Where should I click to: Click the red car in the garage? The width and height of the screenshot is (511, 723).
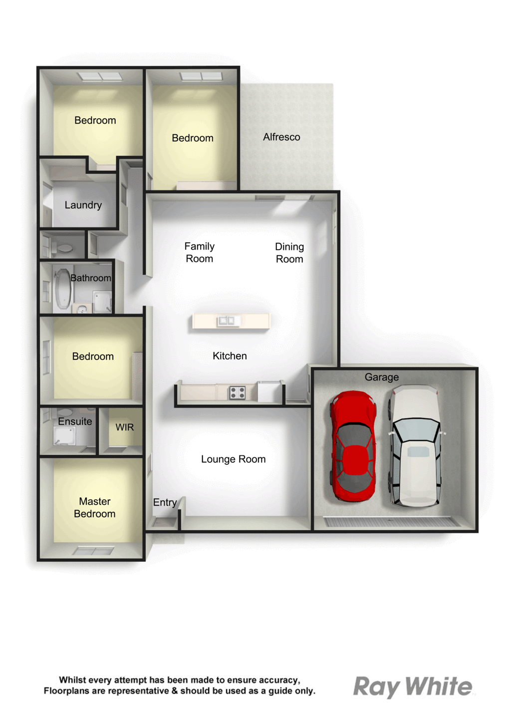tap(354, 446)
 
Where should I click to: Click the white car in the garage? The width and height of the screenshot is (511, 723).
tap(415, 446)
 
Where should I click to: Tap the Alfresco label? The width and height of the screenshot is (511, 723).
tap(281, 137)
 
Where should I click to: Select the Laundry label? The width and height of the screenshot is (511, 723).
tap(83, 205)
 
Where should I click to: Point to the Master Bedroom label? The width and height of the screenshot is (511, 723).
tap(94, 507)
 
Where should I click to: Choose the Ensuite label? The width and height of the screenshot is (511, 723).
tap(75, 421)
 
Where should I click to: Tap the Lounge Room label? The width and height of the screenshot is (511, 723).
tap(233, 459)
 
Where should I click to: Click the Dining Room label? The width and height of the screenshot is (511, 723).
tap(289, 253)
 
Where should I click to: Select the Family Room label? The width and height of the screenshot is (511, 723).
tap(200, 253)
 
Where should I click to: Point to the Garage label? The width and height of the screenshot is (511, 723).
tap(382, 377)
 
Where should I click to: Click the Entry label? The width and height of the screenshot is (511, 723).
tap(165, 502)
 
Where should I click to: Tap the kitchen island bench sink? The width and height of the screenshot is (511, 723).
tap(227, 321)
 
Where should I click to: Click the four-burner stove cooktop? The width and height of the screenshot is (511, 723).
tap(238, 392)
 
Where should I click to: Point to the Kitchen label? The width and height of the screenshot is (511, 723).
tap(230, 356)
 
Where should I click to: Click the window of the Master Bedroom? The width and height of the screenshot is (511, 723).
tap(93, 551)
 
